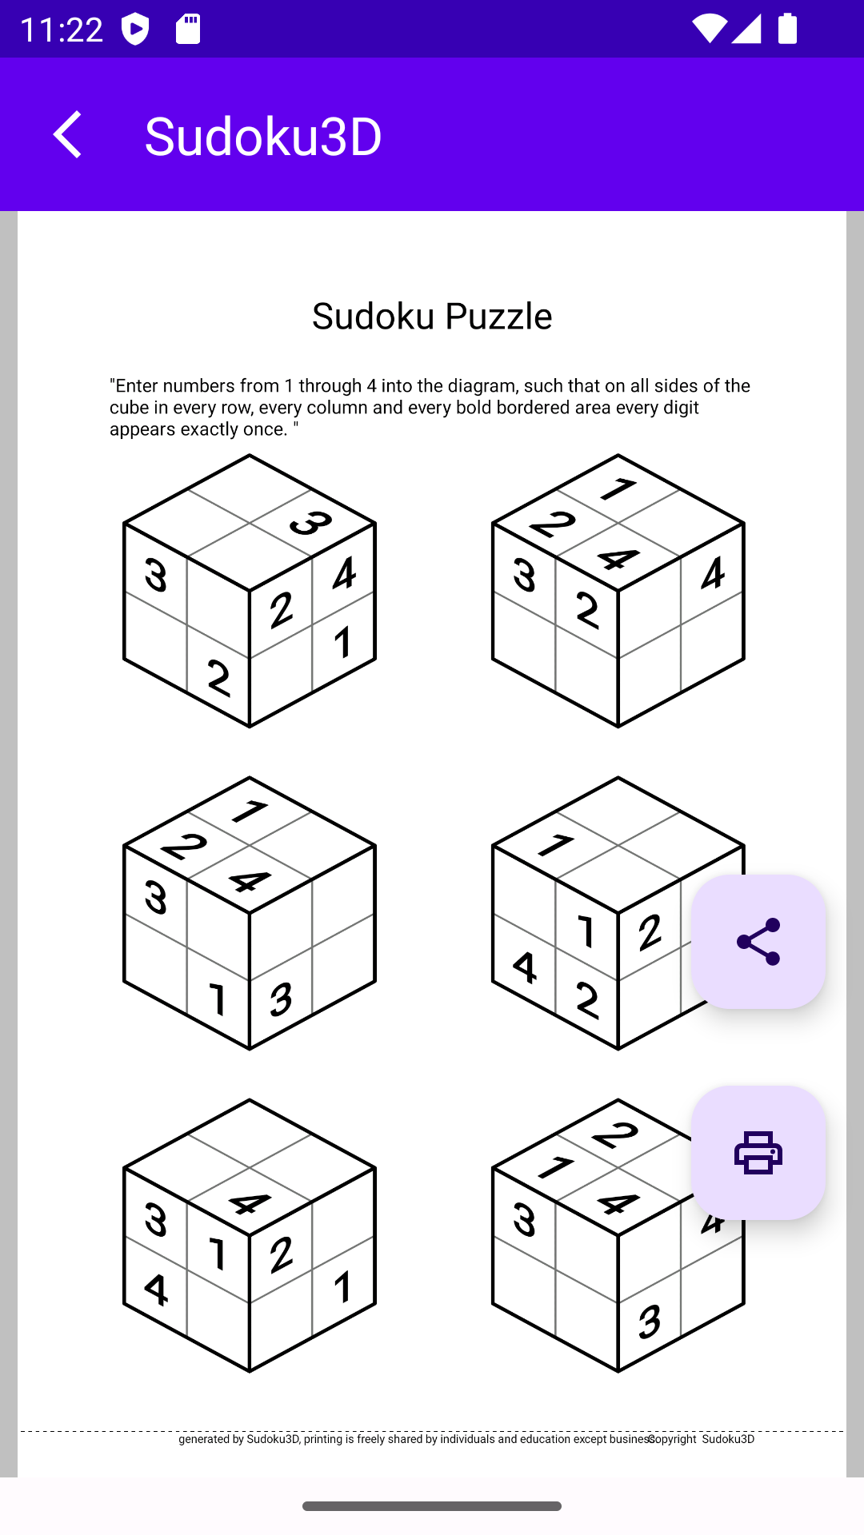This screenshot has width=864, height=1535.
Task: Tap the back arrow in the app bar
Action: click(68, 134)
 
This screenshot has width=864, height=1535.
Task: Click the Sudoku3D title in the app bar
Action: click(262, 136)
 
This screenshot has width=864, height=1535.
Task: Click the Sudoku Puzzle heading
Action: click(432, 316)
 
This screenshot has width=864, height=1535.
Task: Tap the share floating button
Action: click(758, 941)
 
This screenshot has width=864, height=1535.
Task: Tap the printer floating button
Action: click(758, 1152)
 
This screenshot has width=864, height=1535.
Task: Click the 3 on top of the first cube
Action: click(311, 524)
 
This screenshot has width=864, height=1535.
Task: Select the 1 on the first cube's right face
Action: click(343, 642)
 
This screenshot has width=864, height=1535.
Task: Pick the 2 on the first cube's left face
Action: click(218, 678)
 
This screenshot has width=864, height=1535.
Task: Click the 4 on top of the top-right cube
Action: click(618, 558)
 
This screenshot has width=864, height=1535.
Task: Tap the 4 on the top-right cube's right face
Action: click(712, 573)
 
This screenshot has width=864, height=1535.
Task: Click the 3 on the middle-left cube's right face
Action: click(281, 999)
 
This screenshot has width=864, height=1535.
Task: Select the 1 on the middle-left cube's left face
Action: click(217, 999)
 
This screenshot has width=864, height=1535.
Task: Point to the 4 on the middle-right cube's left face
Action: click(524, 967)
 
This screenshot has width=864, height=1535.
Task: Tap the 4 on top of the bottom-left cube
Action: click(250, 1203)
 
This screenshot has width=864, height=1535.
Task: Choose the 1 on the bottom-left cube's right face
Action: click(343, 1286)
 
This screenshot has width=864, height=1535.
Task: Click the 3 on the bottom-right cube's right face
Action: click(650, 1322)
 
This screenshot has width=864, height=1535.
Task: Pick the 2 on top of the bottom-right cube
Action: click(616, 1134)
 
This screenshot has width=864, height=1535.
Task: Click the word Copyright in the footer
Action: click(673, 1439)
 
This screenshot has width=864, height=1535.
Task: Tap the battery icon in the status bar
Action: click(787, 29)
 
